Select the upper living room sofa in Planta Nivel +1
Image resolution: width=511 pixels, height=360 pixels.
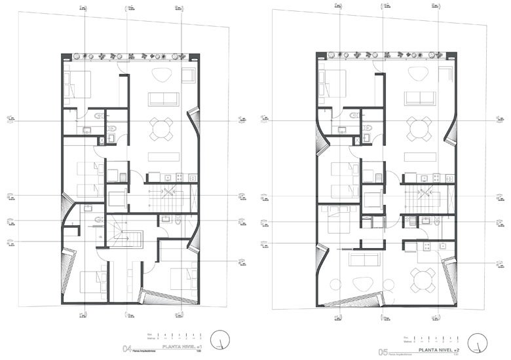163,99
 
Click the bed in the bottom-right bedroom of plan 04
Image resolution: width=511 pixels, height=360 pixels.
181,278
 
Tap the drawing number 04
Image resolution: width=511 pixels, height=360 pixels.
128,349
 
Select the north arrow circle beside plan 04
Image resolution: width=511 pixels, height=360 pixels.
225,340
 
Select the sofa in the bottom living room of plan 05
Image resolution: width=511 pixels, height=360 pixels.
364,260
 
